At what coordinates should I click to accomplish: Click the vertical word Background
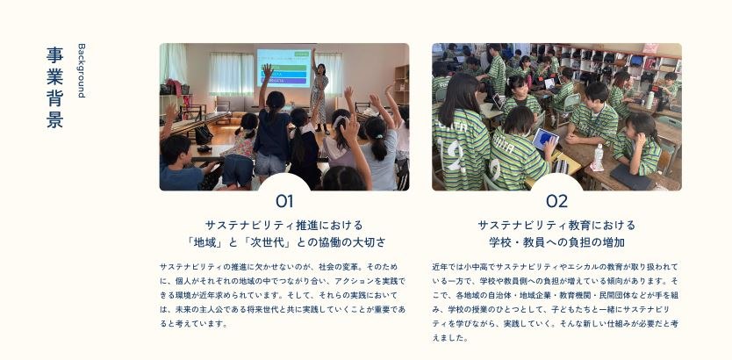pyautogui.click(x=82, y=70)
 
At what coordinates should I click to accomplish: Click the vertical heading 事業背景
pyautogui.click(x=54, y=87)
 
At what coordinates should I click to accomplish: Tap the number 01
pyautogui.click(x=284, y=201)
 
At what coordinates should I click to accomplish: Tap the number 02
pyautogui.click(x=557, y=201)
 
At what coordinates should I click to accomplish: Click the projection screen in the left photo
pyautogui.click(x=283, y=68)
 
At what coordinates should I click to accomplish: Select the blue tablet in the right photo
pyautogui.click(x=545, y=139)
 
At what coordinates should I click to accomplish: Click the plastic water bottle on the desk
pyautogui.click(x=598, y=157)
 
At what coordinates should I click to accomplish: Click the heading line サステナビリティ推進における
pyautogui.click(x=284, y=226)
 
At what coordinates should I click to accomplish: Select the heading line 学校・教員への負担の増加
pyautogui.click(x=557, y=243)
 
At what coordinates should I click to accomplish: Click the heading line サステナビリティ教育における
pyautogui.click(x=557, y=226)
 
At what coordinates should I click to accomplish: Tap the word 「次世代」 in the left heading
pyautogui.click(x=269, y=243)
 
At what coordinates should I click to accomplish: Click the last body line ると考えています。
pyautogui.click(x=194, y=323)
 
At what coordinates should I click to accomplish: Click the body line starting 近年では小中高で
pyautogui.click(x=555, y=267)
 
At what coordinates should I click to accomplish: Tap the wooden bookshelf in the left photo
pyautogui.click(x=401, y=85)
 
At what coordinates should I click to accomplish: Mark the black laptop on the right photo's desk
pyautogui.click(x=630, y=176)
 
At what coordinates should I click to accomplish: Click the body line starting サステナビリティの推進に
pyautogui.click(x=279, y=267)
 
